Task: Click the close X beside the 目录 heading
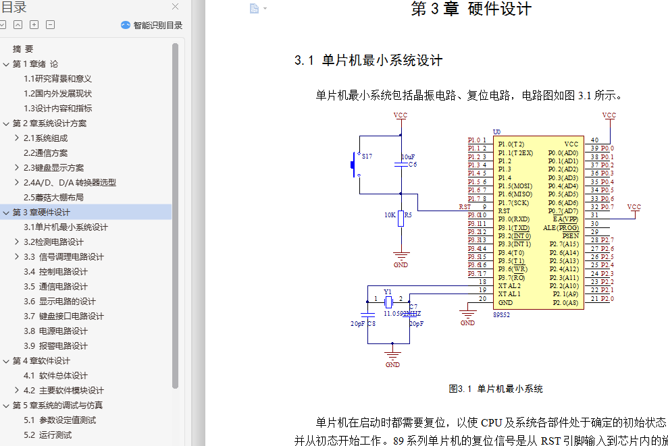coord(176,7)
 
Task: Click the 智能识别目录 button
coord(151,25)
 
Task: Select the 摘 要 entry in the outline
coord(23,49)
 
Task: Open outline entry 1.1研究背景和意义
coord(57,78)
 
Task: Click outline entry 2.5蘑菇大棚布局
coord(53,197)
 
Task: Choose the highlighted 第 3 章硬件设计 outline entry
coord(41,212)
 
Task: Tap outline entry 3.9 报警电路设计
coord(55,345)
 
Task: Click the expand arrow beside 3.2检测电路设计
coord(17,242)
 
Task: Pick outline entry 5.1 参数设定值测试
coord(59,420)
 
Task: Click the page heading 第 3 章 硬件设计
coord(471,9)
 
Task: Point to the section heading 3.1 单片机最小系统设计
coord(368,61)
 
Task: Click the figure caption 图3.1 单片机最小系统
coord(496,389)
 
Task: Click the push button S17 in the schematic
coord(353,164)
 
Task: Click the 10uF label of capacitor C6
coord(408,157)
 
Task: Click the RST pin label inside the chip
coord(504,211)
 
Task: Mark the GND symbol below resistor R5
coord(401,258)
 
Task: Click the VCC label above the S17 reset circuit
coord(401,115)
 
